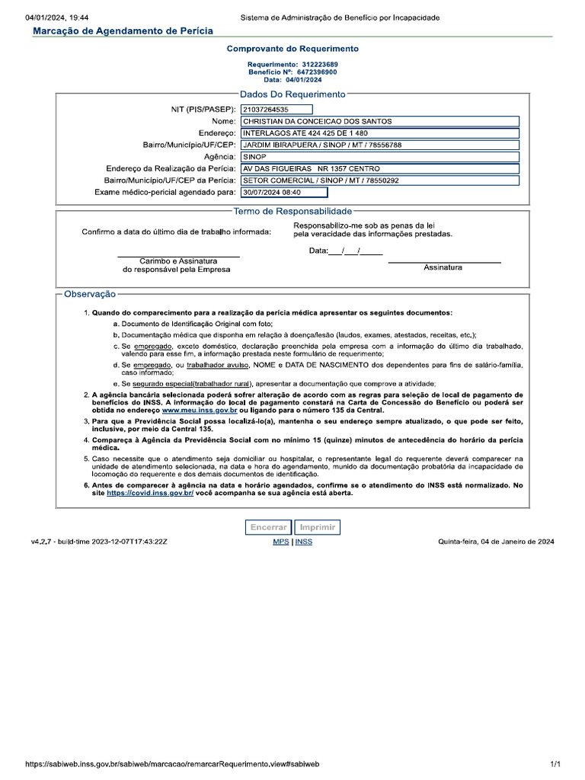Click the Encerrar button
pyautogui.click(x=269, y=527)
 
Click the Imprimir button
pyautogui.click(x=318, y=527)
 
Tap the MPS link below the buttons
pyautogui.click(x=280, y=542)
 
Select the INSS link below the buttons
pyautogui.click(x=303, y=542)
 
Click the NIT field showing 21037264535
pyautogui.click(x=277, y=109)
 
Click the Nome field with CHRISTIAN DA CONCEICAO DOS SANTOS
pyautogui.click(x=379, y=121)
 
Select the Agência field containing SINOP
pyautogui.click(x=379, y=156)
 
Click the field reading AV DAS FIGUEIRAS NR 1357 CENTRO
pyautogui.click(x=379, y=168)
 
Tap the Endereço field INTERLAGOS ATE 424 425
pyautogui.click(x=379, y=133)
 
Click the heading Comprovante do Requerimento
pyautogui.click(x=292, y=49)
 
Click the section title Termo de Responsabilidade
pyautogui.click(x=292, y=210)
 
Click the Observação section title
pyautogui.click(x=90, y=293)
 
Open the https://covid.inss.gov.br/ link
pyautogui.click(x=150, y=493)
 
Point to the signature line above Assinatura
pyautogui.click(x=444, y=262)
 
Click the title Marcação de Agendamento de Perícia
pyautogui.click(x=123, y=30)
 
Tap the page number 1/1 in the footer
pyautogui.click(x=555, y=763)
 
